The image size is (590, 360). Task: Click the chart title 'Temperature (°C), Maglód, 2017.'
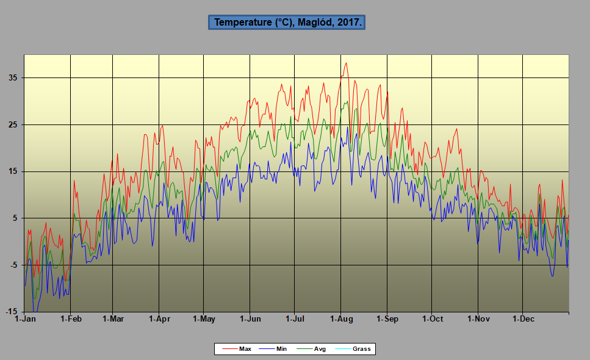coord(287,23)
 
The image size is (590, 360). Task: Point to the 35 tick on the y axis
coord(13,78)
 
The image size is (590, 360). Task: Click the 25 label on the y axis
coord(13,125)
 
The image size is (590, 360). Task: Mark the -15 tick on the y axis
coord(12,312)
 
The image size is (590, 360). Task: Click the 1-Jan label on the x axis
coord(25,319)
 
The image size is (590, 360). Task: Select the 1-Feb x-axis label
coord(71,319)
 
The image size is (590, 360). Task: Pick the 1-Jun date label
coord(250,319)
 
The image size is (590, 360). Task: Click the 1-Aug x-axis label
coord(341,319)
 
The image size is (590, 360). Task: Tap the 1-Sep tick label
coord(387,319)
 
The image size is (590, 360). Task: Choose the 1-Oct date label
coord(432,319)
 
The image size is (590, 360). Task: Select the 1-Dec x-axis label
coord(523,319)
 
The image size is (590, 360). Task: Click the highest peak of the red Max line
coord(347,63)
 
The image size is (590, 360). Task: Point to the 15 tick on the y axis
coord(13,171)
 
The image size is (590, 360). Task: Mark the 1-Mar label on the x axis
coord(113,319)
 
